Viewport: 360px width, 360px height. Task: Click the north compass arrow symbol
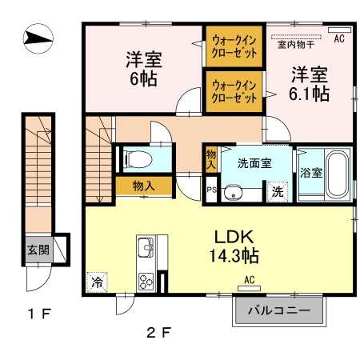click(x=38, y=37)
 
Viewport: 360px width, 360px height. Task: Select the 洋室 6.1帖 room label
click(x=308, y=83)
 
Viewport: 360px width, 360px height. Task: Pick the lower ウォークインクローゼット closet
click(x=234, y=90)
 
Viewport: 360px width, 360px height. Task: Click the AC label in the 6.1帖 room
click(x=338, y=38)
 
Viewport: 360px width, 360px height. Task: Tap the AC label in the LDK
click(x=249, y=279)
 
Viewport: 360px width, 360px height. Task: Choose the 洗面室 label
click(x=255, y=162)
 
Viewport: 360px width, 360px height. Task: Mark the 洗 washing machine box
click(x=276, y=192)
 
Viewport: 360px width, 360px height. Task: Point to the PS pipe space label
click(x=211, y=190)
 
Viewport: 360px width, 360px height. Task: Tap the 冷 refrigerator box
click(x=96, y=282)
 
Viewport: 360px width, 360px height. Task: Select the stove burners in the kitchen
click(x=148, y=281)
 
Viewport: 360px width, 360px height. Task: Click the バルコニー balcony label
click(x=278, y=310)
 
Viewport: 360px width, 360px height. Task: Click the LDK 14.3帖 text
click(x=234, y=246)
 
